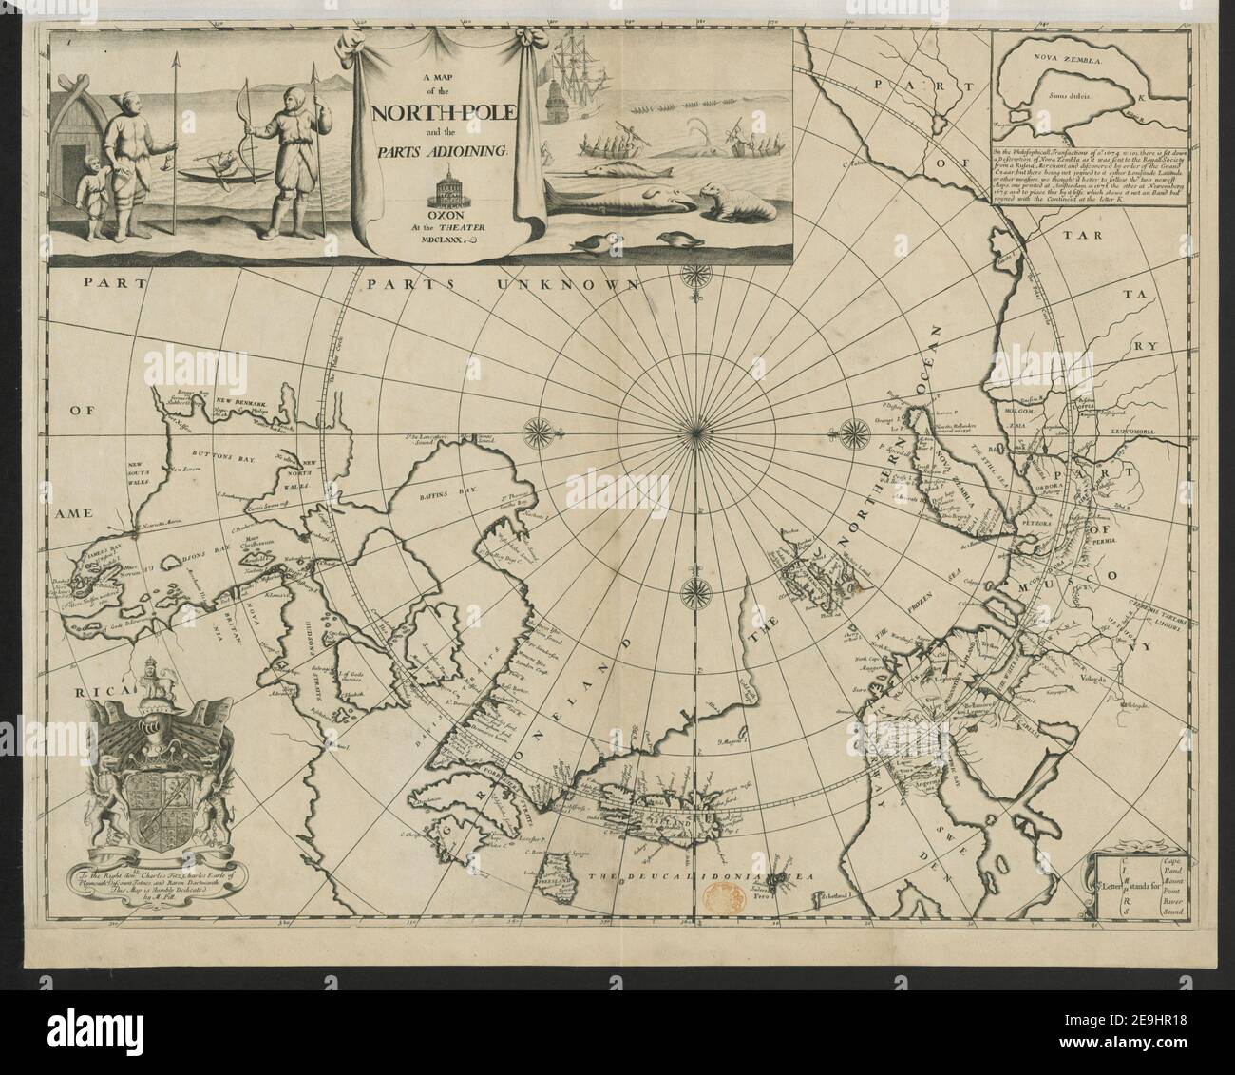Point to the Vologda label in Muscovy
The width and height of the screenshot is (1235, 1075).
[x=1076, y=679]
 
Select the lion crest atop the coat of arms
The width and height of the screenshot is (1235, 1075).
[x=151, y=681]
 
